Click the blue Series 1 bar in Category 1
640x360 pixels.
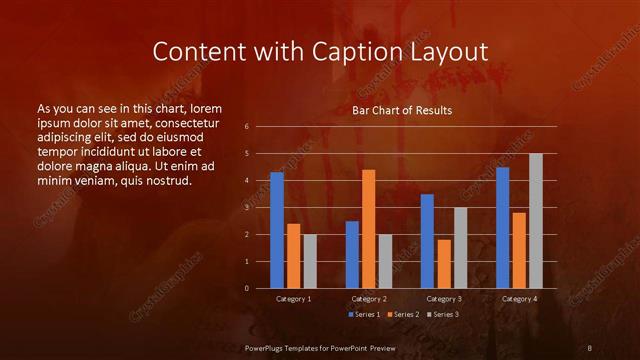[277, 230]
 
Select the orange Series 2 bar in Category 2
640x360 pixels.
[369, 229]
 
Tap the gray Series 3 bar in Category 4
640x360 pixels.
[536, 221]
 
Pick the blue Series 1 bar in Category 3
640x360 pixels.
[427, 241]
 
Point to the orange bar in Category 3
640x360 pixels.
[444, 264]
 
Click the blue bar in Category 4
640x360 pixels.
[502, 227]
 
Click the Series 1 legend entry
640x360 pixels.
[365, 315]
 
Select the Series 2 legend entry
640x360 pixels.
[401, 315]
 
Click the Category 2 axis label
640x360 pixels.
[369, 299]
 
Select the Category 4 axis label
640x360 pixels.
[519, 299]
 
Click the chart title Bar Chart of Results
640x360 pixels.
[403, 110]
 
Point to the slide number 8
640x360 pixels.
[590, 347]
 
